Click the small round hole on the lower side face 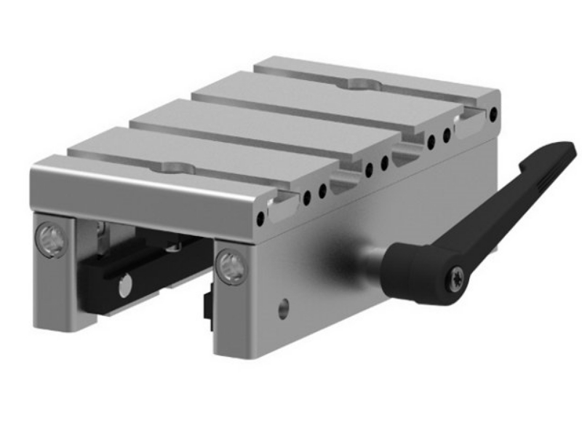click(x=283, y=308)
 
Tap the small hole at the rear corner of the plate click(x=495, y=113)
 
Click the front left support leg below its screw click(x=55, y=291)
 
